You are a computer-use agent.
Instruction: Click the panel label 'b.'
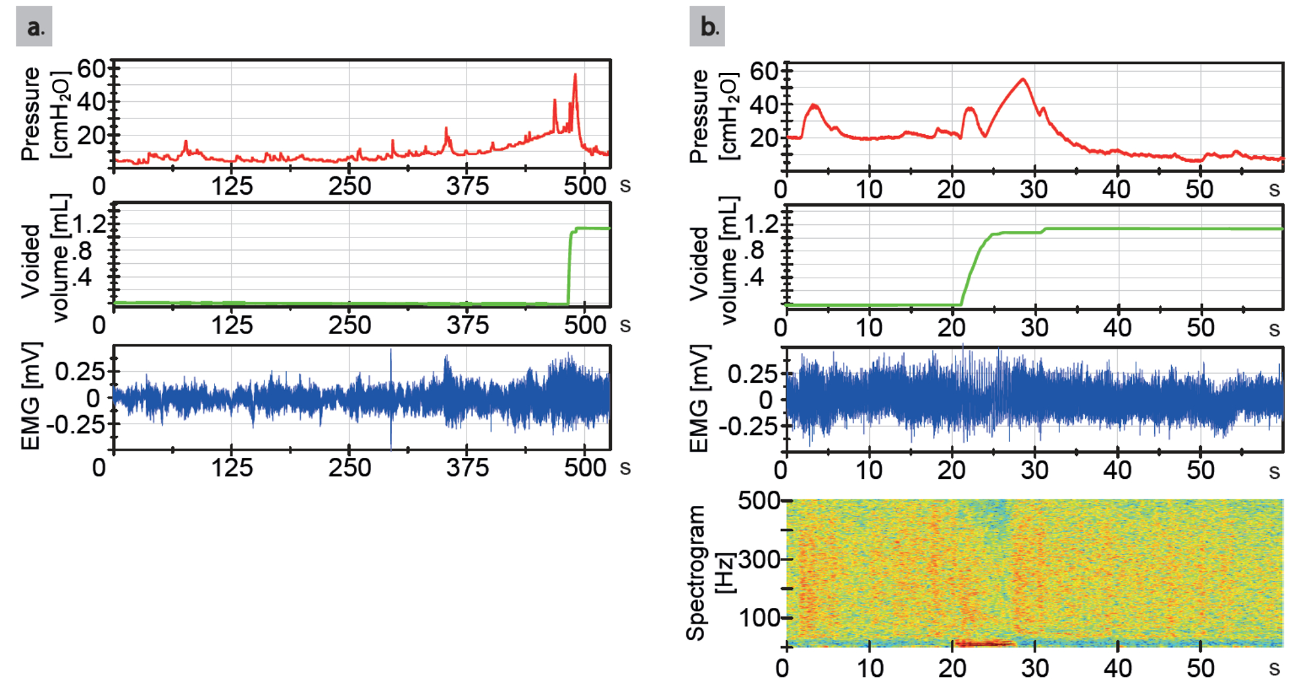708,26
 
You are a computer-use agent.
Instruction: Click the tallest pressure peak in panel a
575,76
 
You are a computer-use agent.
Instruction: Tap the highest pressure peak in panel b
1023,80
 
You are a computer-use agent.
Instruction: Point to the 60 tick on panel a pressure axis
91,68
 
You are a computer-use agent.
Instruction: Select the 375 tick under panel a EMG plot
467,468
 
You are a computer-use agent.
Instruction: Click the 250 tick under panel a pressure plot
349,186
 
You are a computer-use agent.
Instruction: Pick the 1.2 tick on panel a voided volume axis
89,224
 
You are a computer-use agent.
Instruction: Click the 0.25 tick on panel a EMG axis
79,372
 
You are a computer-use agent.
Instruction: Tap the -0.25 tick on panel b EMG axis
747,426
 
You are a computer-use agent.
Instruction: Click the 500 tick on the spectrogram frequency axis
759,501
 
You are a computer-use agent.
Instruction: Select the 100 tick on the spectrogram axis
759,618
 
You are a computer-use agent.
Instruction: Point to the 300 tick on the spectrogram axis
759,560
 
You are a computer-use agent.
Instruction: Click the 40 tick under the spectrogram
1117,668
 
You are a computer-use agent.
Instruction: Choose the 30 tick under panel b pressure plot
1034,189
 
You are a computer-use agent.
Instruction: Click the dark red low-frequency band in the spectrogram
984,643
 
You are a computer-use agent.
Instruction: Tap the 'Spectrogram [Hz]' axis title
707,572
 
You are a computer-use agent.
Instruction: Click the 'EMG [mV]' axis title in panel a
31,396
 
